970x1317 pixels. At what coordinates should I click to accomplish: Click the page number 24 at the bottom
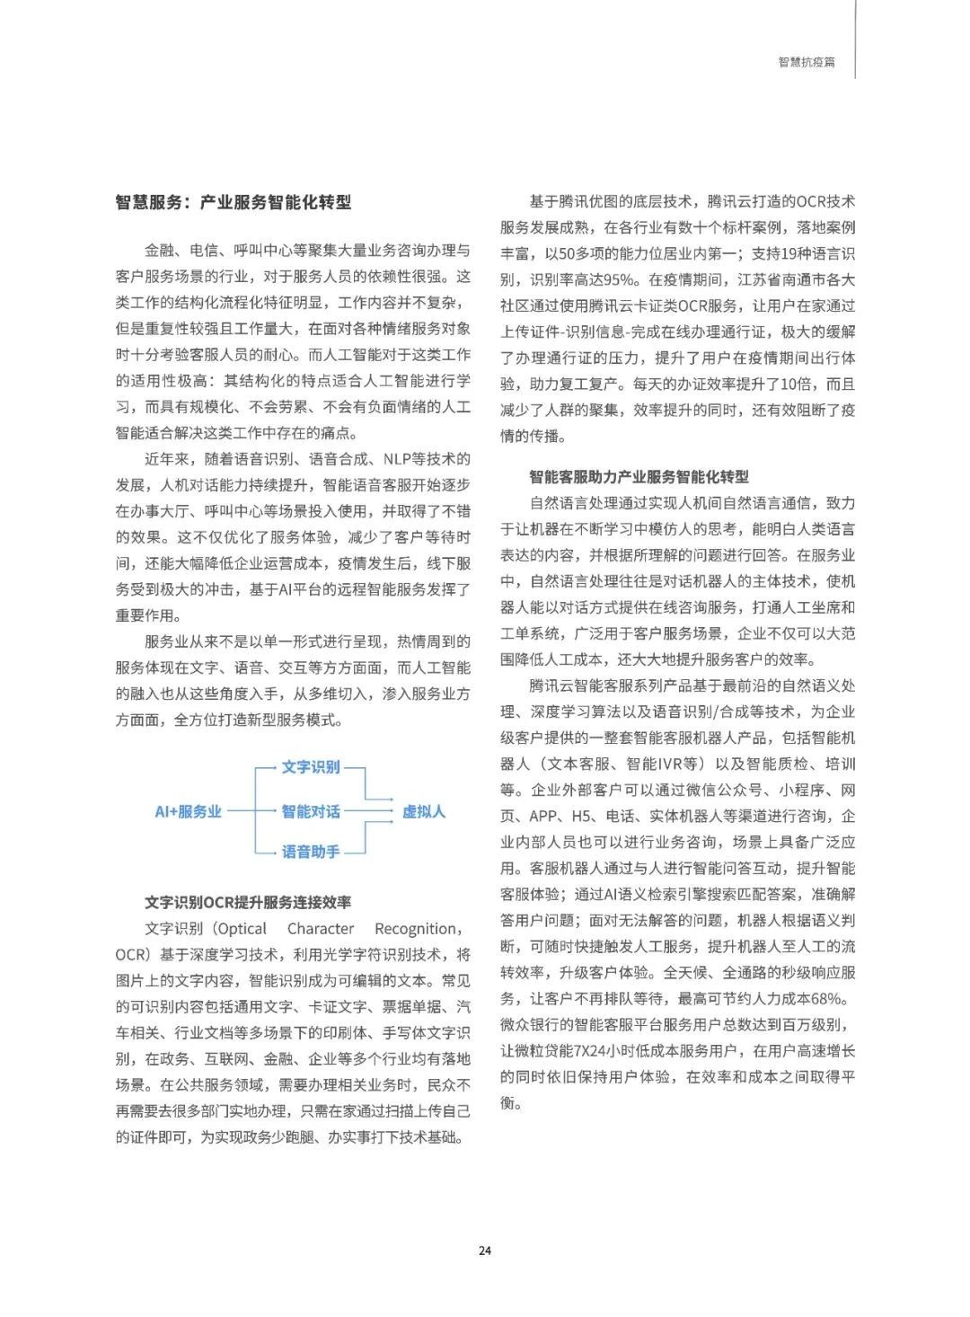point(485,1251)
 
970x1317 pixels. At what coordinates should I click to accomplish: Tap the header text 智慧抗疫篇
point(806,63)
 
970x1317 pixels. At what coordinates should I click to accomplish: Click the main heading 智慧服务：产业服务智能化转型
point(234,202)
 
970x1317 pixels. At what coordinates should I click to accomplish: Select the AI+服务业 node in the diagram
point(188,811)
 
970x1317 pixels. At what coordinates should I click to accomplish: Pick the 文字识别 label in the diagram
point(311,766)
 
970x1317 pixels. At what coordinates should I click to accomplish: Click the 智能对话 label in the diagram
point(311,811)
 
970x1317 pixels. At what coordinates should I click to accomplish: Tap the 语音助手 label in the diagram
point(311,852)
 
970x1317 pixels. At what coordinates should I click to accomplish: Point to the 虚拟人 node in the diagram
point(423,811)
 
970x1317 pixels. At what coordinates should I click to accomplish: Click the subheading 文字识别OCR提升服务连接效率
point(248,902)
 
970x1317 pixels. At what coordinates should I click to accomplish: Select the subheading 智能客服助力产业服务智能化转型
point(639,476)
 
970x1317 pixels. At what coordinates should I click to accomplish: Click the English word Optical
point(242,928)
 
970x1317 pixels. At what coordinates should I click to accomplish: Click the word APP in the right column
point(544,817)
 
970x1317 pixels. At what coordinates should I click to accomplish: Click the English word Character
point(321,928)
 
